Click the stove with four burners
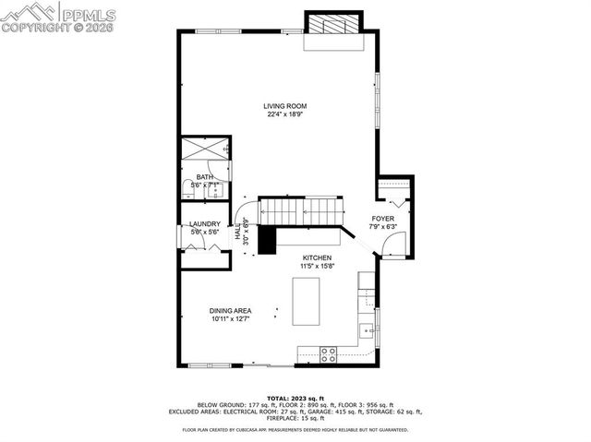[x=328, y=352]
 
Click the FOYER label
[x=382, y=219]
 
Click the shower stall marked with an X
[x=202, y=149]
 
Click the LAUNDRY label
[x=204, y=224]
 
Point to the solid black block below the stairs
[x=267, y=240]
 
